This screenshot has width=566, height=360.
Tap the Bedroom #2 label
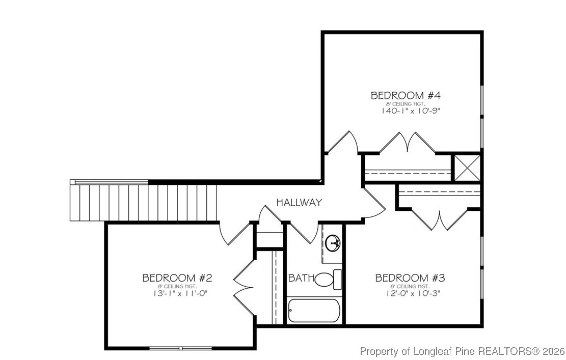click(177, 278)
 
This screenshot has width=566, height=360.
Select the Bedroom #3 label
click(410, 278)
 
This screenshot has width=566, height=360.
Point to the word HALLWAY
click(299, 203)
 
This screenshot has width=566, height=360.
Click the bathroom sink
click(334, 243)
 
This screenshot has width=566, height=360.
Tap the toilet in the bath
click(328, 279)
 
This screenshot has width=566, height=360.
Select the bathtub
click(313, 311)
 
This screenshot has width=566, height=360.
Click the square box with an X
click(467, 167)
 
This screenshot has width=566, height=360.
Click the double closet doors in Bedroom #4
click(407, 143)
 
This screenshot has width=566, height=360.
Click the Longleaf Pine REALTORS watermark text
click(462, 351)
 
